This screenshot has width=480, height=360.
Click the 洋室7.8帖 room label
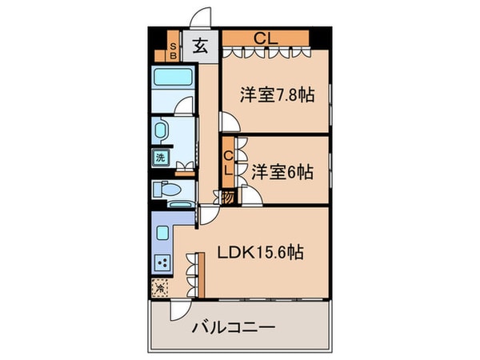(276, 94)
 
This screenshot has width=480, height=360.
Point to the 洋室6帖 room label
(282, 171)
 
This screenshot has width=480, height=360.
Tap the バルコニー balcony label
(234, 328)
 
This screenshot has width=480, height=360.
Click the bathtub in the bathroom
(172, 82)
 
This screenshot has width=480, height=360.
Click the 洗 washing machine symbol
(160, 157)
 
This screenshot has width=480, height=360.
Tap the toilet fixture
(166, 190)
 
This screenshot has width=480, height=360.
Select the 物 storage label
(228, 198)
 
